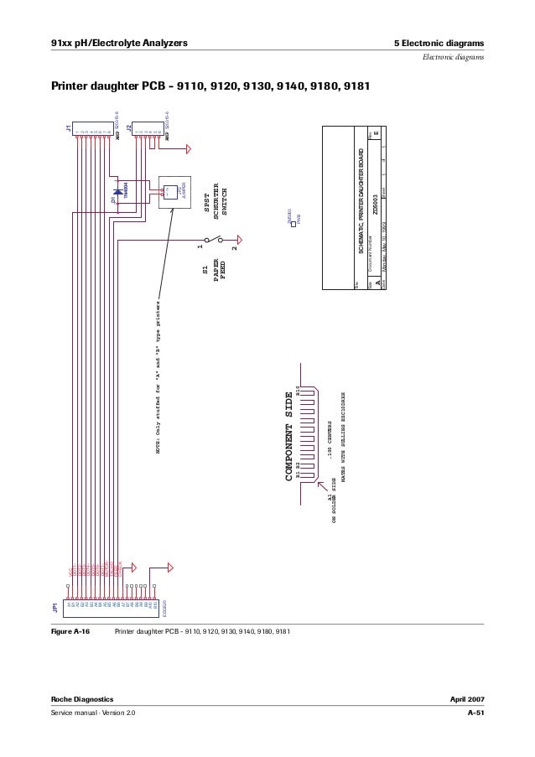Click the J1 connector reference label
tap(69, 129)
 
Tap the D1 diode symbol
tap(117, 191)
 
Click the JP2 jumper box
tap(174, 192)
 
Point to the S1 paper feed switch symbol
tap(216, 242)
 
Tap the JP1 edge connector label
tap(55, 605)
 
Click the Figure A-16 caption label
tap(72, 632)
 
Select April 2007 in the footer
tap(467, 698)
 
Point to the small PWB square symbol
tap(293, 227)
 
